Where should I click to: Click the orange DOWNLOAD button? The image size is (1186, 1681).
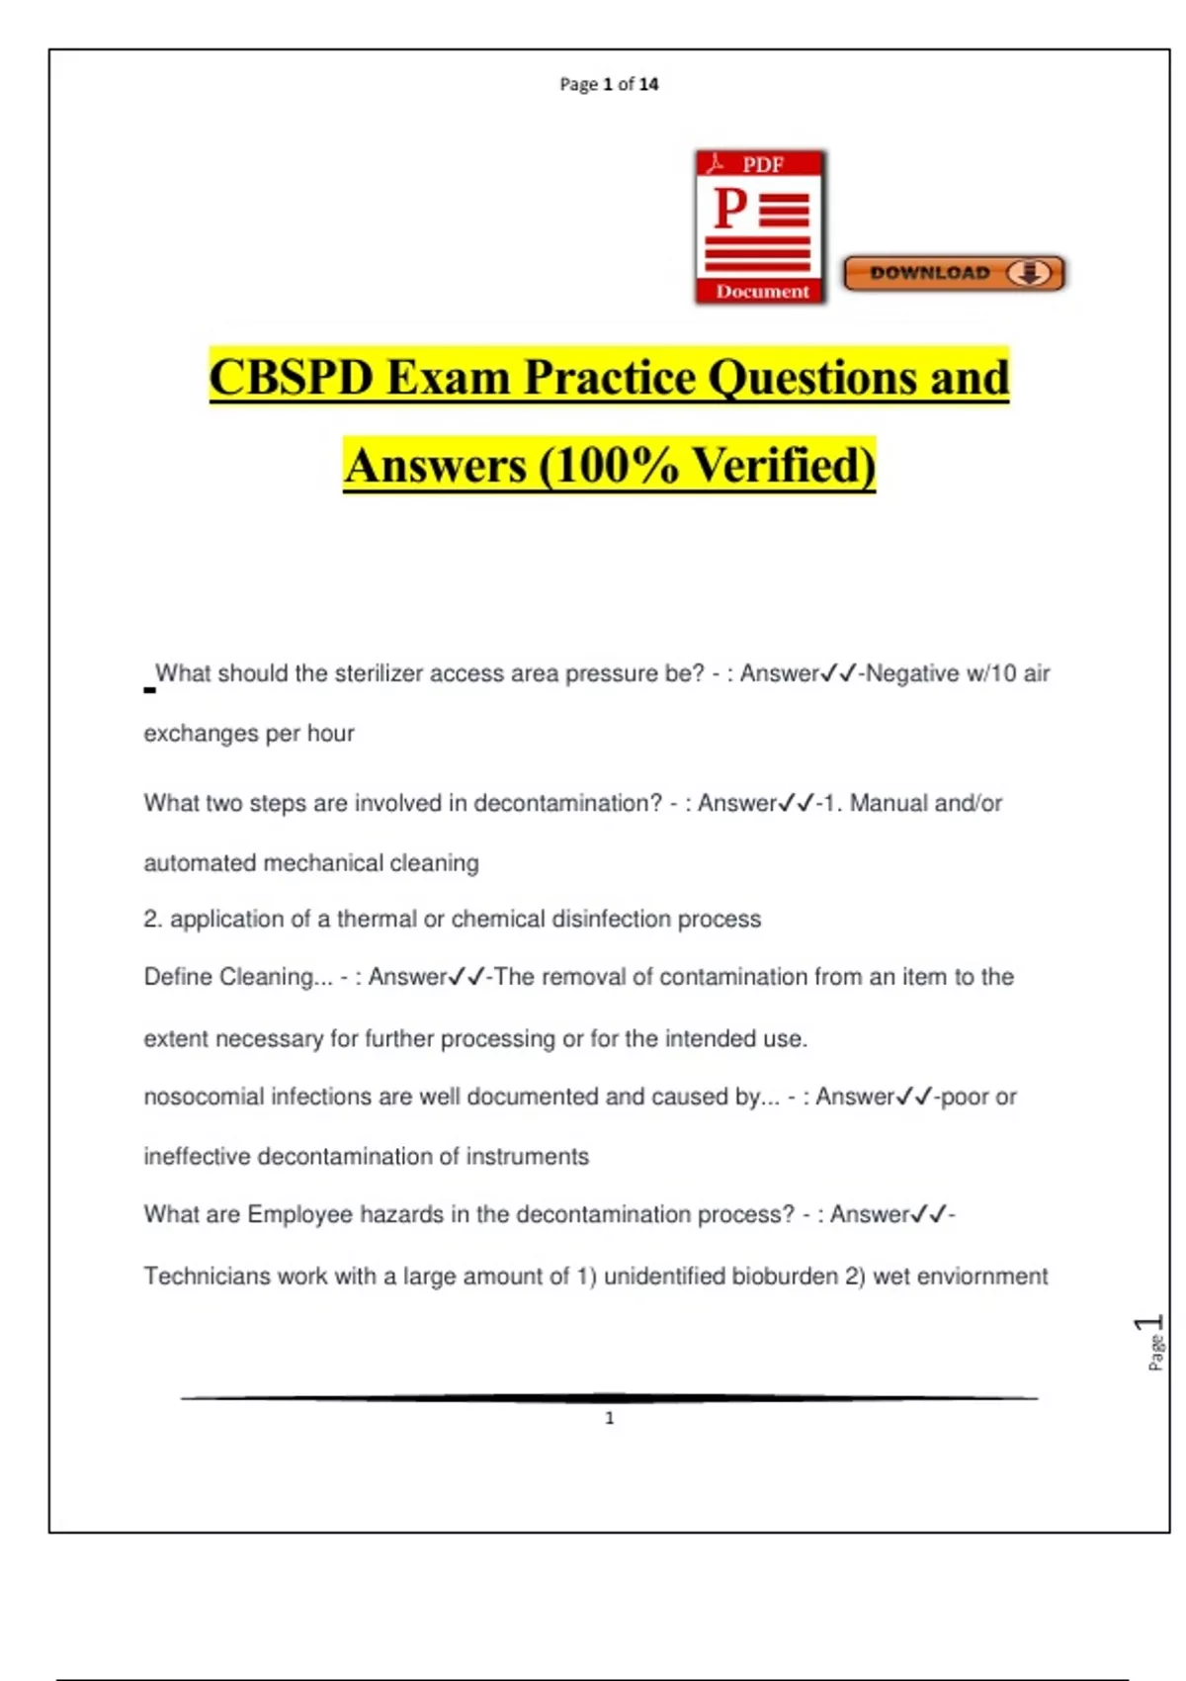pyautogui.click(x=954, y=273)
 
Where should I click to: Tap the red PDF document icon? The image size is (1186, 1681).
pyautogui.click(x=760, y=227)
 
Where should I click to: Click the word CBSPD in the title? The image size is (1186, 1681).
pyautogui.click(x=292, y=378)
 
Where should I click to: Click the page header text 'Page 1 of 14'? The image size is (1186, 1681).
pyautogui.click(x=609, y=84)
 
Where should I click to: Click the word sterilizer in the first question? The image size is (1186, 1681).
pyautogui.click(x=381, y=673)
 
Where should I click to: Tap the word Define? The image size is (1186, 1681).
pyautogui.click(x=178, y=977)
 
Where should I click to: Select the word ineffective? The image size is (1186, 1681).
pyautogui.click(x=197, y=1157)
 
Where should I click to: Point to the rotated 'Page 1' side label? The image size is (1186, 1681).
pyautogui.click(x=1152, y=1342)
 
